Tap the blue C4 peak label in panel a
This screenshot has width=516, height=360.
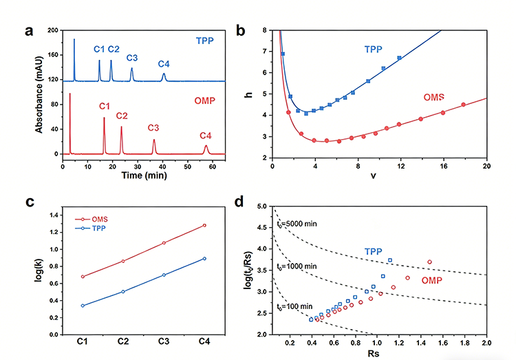click(164, 64)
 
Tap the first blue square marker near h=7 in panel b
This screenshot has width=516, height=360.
click(282, 54)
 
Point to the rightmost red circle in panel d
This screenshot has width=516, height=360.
click(430, 262)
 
